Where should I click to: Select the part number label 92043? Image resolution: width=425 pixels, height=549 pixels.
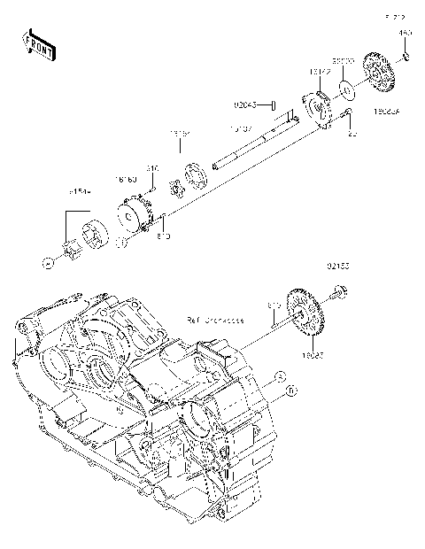click(x=245, y=104)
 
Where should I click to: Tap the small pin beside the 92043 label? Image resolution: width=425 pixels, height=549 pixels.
click(x=274, y=104)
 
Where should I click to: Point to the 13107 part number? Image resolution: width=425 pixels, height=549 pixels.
click(x=242, y=129)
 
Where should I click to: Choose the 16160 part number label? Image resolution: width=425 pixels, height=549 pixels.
click(x=126, y=179)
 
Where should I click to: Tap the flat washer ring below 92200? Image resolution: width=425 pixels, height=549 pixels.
click(x=346, y=89)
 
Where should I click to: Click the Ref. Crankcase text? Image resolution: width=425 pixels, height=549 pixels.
click(x=214, y=319)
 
